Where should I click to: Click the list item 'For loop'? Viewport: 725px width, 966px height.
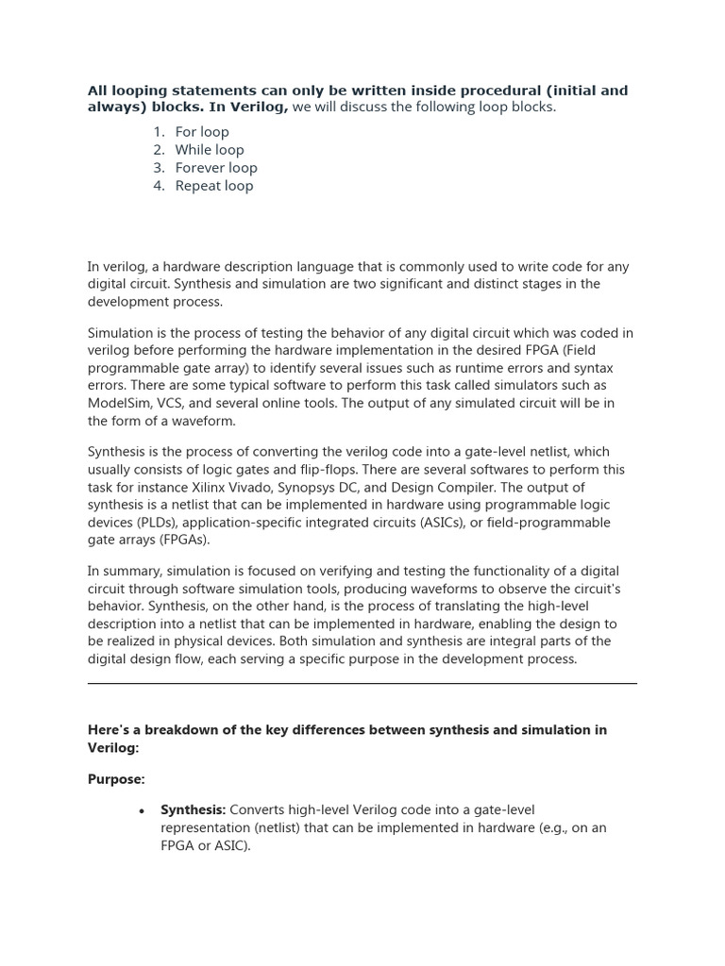[x=202, y=132]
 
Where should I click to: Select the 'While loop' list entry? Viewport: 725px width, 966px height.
[x=209, y=150]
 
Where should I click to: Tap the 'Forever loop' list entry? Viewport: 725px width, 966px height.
[x=216, y=168]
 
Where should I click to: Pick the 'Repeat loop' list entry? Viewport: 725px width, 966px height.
[x=214, y=186]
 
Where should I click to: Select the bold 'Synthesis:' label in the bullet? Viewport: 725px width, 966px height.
[x=193, y=810]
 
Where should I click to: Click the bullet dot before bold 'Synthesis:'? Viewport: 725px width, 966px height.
[x=141, y=811]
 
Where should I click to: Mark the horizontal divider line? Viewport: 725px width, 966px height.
[x=362, y=684]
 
